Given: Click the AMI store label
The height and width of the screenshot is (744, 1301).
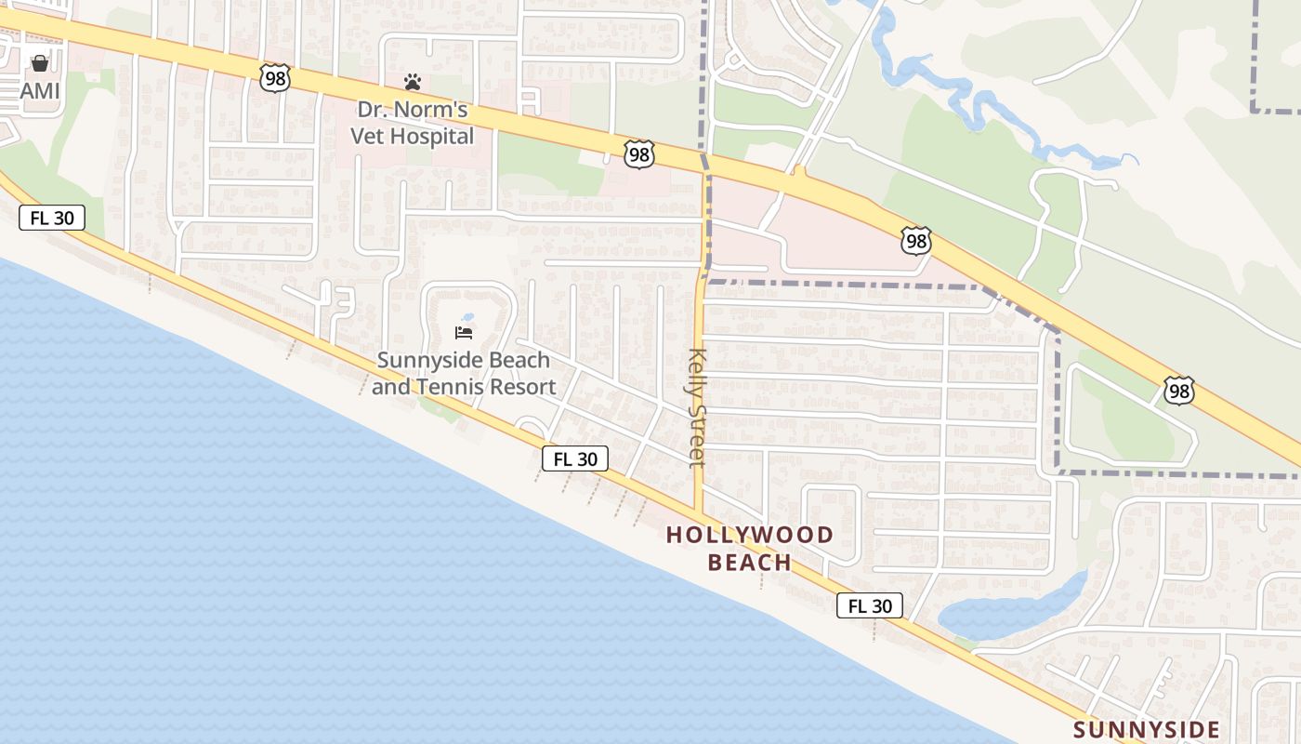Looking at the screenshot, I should point(40,90).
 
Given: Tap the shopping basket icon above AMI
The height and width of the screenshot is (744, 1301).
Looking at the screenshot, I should point(40,64).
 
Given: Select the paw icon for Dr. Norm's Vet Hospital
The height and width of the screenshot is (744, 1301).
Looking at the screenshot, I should point(413,82).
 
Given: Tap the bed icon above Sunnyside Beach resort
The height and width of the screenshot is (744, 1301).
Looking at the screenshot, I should point(464,332).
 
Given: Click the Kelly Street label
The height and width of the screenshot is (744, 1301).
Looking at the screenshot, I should point(698,406).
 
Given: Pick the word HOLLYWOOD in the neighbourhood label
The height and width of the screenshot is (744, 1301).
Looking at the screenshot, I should point(750,535).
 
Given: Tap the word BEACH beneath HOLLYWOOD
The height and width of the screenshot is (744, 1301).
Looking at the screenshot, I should point(750,563).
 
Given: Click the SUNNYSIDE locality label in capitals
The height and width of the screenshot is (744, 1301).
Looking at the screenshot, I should point(1146,729).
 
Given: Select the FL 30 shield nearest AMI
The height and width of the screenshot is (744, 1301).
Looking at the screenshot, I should point(52,219).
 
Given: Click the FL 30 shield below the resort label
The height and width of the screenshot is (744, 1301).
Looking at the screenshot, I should point(575,458).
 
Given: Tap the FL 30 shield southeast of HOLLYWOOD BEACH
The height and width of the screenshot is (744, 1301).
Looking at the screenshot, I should point(870,606).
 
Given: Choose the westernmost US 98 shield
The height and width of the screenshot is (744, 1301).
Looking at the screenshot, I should point(276,78).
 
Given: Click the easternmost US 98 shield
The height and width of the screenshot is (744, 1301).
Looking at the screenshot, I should point(1179,391).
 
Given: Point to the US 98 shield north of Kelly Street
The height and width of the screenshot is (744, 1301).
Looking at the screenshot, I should point(639,153).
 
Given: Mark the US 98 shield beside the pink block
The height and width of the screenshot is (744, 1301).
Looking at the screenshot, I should point(916,241).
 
